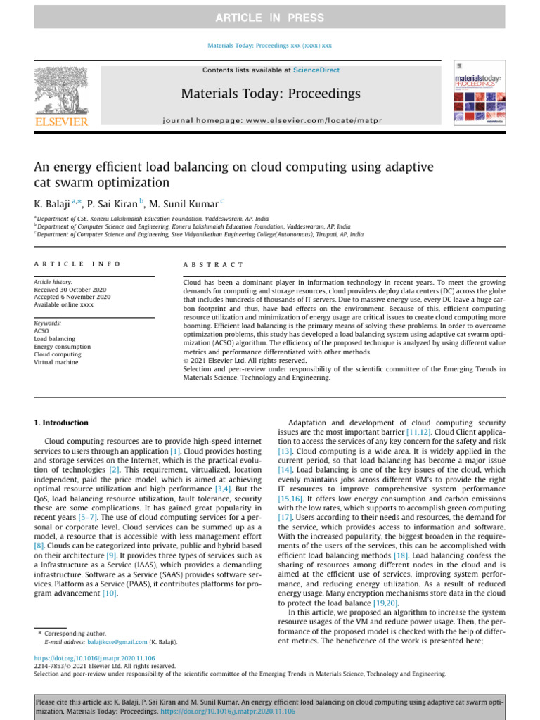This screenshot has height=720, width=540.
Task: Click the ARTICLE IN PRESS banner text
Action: pos(270,18)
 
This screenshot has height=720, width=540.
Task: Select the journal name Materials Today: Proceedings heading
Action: pos(271,94)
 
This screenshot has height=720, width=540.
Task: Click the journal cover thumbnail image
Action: pos(479,98)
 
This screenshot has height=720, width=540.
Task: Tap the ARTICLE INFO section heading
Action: pos(77,264)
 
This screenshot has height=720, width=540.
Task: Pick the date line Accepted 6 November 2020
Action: pos(72,297)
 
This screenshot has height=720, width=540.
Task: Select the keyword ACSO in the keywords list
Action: pos(41,330)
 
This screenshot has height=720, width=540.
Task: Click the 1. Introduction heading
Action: pos(62,423)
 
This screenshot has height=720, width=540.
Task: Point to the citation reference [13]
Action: pos(285,450)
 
